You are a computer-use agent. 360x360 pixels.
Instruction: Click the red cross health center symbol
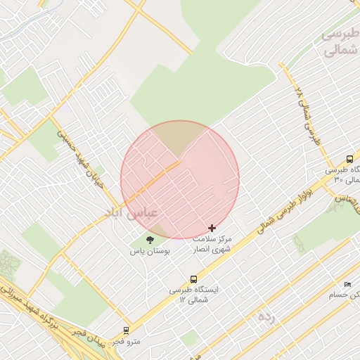point(212,228)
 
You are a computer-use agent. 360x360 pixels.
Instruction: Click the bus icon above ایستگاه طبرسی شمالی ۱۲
point(194,278)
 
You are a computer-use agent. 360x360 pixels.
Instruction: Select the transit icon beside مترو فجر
point(126,329)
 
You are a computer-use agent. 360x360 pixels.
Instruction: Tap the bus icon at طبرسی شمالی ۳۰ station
point(349,159)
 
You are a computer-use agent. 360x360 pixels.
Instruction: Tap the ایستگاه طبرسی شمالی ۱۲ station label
point(194,295)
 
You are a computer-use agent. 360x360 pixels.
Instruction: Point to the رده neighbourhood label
point(265,316)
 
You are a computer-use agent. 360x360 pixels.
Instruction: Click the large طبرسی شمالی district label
point(340,42)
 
